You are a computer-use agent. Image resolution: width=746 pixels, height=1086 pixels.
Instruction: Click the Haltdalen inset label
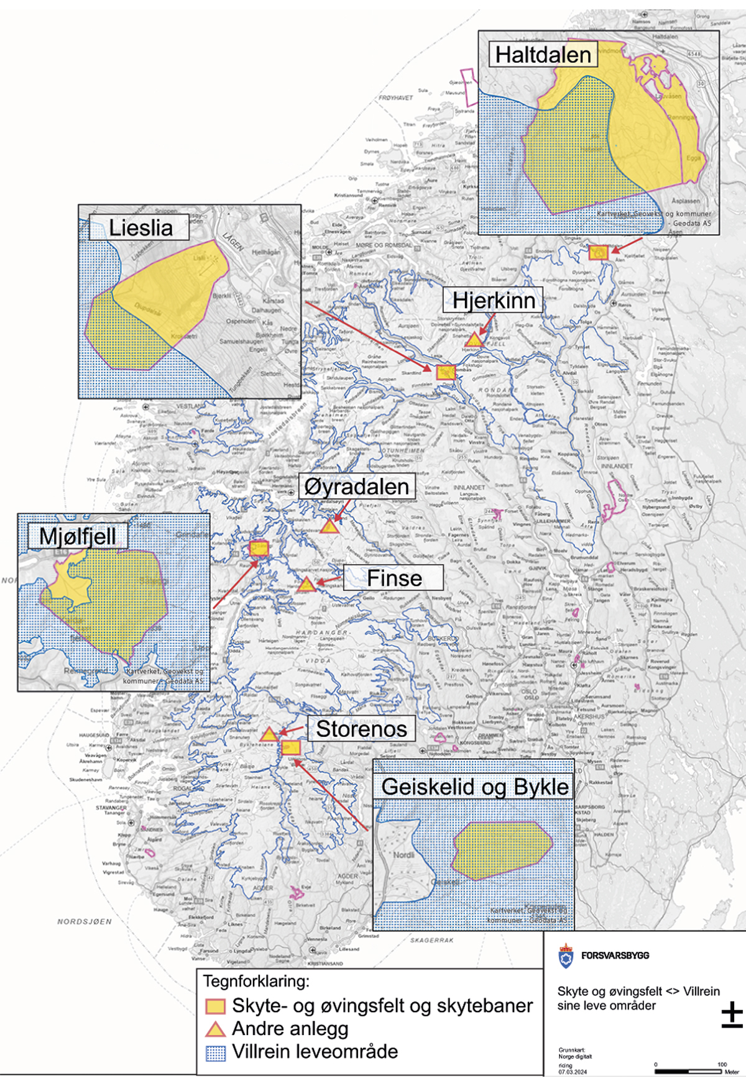click(543, 55)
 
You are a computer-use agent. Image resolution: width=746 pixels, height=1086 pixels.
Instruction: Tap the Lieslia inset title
click(140, 227)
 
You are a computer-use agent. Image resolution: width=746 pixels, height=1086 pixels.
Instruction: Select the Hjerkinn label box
click(494, 300)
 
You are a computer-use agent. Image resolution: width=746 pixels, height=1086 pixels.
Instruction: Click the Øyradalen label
click(357, 486)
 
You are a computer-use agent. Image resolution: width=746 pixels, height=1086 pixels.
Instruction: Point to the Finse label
click(394, 578)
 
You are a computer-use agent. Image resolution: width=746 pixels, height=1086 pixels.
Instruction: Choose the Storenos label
click(361, 729)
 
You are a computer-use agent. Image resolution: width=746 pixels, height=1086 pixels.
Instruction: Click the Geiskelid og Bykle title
click(474, 787)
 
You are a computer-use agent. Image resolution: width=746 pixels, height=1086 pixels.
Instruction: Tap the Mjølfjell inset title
click(77, 536)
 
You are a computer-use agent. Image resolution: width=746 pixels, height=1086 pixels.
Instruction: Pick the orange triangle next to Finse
click(306, 585)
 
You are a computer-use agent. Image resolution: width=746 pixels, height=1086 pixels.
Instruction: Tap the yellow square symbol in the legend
click(215, 1006)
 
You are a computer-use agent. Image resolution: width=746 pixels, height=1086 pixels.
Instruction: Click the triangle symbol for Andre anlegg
click(215, 1029)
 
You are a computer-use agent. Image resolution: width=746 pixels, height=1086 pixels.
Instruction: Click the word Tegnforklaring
click(256, 982)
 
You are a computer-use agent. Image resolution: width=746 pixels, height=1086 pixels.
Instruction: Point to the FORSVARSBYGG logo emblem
click(565, 956)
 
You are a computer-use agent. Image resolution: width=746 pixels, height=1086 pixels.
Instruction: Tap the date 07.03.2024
click(572, 1072)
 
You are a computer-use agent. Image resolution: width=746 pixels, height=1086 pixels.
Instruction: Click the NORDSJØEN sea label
click(85, 921)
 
